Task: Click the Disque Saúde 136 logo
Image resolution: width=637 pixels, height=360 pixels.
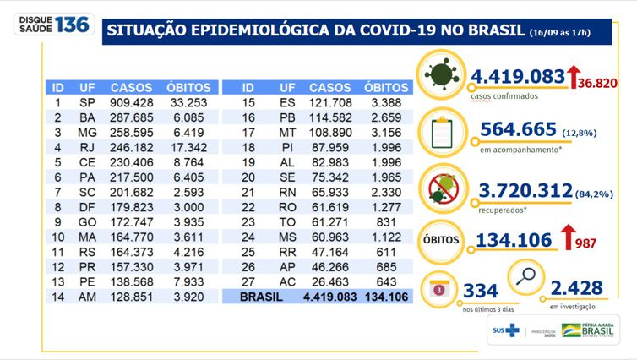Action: [x=52, y=25]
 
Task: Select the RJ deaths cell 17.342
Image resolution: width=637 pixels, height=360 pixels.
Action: [x=184, y=148]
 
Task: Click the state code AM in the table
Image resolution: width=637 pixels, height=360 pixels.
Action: [x=87, y=298]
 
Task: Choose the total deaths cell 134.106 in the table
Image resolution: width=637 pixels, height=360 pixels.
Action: [x=386, y=298]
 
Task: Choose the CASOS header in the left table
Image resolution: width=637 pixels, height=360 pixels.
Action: [x=131, y=87]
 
